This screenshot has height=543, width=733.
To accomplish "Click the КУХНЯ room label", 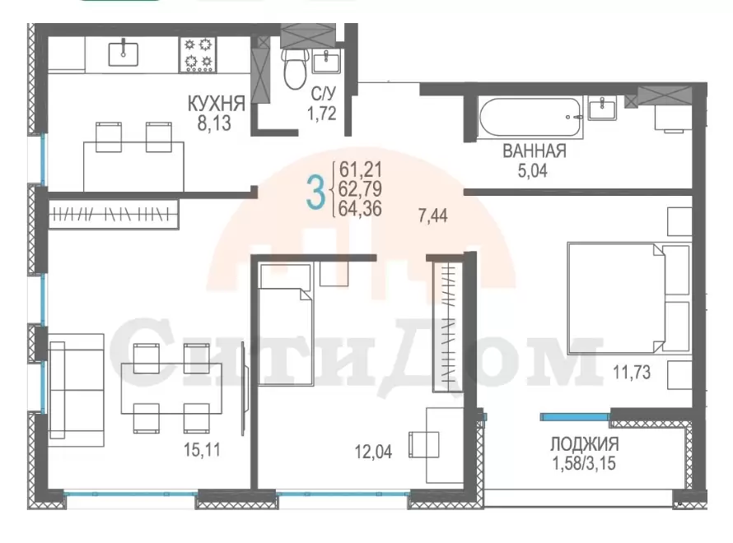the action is (216, 104).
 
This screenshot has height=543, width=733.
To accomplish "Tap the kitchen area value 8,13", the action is (214, 123).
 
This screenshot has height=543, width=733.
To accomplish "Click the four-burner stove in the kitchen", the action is (198, 54).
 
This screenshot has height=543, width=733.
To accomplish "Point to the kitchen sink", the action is (124, 53).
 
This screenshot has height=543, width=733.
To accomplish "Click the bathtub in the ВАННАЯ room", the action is (530, 117).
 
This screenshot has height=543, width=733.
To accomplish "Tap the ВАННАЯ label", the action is (535, 151).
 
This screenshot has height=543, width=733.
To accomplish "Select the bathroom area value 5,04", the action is (532, 171).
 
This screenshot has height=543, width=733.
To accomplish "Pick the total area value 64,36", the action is (360, 209).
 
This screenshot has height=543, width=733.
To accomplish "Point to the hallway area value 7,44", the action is (433, 216).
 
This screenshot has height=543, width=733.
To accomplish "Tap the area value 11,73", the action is (632, 373).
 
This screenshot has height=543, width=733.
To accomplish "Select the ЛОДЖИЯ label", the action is (585, 443).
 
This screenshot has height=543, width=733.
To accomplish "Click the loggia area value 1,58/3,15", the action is (585, 464).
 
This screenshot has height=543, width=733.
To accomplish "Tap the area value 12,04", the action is (374, 452).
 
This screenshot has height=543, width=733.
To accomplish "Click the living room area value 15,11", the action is (202, 450).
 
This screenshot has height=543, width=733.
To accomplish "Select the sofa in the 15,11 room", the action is (77, 390).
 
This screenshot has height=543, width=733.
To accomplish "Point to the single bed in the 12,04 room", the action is (286, 324).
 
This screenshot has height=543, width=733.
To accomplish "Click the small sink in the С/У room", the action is (326, 62).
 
